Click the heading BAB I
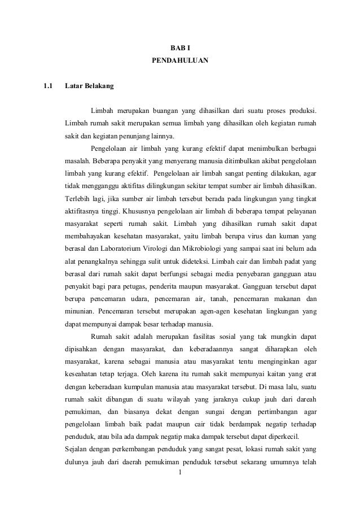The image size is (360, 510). [x=179, y=46]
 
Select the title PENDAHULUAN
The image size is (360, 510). [x=180, y=59]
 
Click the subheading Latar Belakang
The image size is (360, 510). [x=89, y=86]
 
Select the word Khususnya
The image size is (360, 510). [x=133, y=210]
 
